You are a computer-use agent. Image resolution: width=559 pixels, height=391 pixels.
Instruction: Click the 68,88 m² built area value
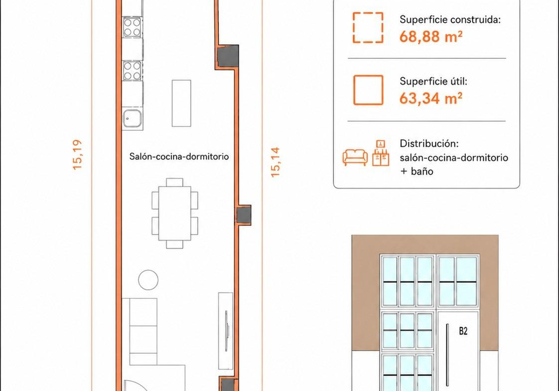point(430,36)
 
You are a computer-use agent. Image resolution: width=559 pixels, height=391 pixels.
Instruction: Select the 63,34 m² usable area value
point(430,98)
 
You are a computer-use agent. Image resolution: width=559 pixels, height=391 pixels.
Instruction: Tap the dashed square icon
point(368,28)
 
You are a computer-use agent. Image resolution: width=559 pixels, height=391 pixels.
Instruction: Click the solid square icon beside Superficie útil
point(368,90)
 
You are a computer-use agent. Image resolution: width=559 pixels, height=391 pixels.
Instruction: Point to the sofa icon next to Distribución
point(355,157)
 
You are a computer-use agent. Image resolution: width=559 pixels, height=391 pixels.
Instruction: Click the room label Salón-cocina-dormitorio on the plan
point(179,156)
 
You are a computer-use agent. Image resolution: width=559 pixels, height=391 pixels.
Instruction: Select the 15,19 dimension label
point(77,154)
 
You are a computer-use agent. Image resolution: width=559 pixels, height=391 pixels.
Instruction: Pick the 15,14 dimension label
point(275,162)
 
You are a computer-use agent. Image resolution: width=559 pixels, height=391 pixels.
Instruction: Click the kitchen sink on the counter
point(132,119)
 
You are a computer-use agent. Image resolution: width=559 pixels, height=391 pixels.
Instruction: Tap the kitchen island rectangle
point(181,103)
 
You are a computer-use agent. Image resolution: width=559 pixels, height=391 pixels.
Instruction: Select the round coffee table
point(148,280)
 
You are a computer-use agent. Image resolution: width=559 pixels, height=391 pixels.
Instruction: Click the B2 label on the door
point(463,331)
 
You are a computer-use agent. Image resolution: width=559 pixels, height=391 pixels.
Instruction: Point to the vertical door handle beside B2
point(447,355)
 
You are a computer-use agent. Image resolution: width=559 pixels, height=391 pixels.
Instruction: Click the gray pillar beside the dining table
point(244,215)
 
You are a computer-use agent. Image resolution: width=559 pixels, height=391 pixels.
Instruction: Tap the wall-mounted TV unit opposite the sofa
point(226,331)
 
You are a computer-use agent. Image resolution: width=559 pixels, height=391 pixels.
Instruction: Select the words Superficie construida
point(450,19)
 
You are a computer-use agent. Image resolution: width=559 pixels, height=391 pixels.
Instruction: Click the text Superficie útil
point(433,81)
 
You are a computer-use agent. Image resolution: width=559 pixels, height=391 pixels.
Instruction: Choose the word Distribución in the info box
point(429,143)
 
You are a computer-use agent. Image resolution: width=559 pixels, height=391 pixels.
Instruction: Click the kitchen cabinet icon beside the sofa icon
point(381,153)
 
